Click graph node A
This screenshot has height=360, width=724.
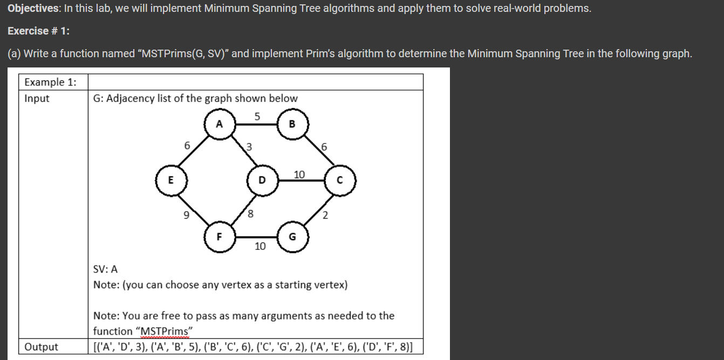coord(218,124)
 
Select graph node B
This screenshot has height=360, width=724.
coord(292,124)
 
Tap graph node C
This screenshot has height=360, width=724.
coord(339,180)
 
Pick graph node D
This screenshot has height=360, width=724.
coord(262,180)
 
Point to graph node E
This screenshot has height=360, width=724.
coord(171,180)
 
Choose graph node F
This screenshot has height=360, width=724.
coord(218,236)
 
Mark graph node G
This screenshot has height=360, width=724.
coord(292,236)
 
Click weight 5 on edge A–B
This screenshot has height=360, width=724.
coord(257,116)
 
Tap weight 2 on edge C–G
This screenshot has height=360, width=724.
coord(325,216)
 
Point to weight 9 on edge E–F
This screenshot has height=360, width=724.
coord(187,216)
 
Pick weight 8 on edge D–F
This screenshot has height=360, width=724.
coord(250,214)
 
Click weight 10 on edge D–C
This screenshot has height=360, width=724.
coord(299,174)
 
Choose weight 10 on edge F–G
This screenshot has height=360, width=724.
coord(260,246)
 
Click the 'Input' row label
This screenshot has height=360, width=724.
coord(37,98)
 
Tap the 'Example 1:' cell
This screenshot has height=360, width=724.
coord(50,82)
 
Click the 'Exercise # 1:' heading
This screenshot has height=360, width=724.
coord(38,31)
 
